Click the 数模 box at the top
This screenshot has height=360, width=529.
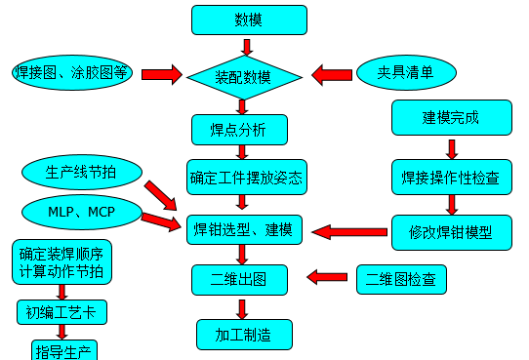[249, 20]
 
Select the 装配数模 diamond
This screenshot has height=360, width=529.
[243, 74]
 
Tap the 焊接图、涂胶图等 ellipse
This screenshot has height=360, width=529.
[71, 74]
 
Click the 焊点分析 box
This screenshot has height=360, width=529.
[240, 129]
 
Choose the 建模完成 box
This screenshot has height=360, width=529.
[451, 119]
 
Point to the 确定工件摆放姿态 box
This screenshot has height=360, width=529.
[247, 180]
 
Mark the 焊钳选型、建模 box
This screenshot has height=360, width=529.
[246, 230]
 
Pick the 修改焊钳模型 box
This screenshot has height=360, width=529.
[451, 232]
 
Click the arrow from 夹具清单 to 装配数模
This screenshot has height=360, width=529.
[331, 74]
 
